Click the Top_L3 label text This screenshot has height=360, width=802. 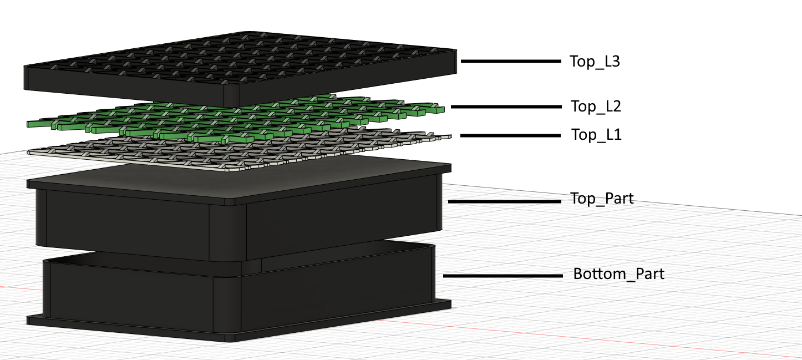click(595, 61)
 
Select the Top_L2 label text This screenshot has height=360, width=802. click(596, 107)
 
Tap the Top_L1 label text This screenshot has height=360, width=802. click(596, 135)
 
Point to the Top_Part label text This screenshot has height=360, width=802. click(602, 199)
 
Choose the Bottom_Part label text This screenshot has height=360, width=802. click(618, 273)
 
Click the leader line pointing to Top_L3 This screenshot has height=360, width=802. click(511, 61)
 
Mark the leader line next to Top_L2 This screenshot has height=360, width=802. click(506, 107)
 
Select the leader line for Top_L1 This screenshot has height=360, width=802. click(510, 135)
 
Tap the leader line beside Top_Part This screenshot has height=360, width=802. click(505, 201)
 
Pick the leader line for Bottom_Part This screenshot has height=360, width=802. click(503, 276)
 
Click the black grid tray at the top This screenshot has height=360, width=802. click(240, 68)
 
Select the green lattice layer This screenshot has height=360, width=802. click(236, 118)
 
